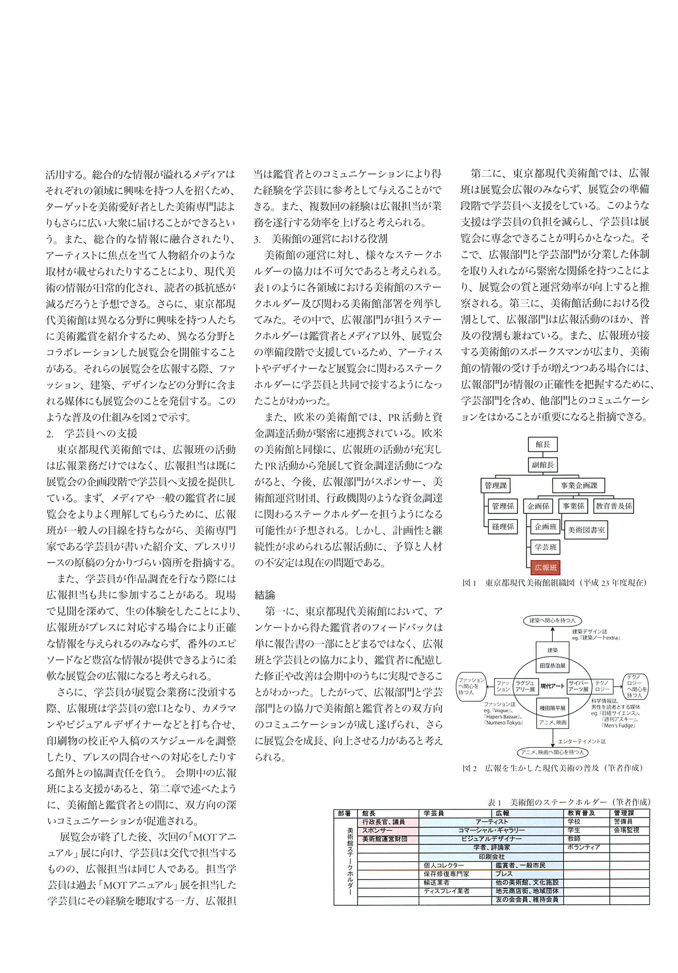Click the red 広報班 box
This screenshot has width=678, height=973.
coord(546,567)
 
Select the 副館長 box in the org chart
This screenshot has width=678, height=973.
coord(542,465)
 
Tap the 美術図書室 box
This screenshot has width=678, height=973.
coord(586,529)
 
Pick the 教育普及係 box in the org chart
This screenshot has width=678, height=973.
coord(613,506)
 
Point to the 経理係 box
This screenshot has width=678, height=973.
coord(503,526)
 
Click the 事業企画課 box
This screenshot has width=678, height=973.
coord(579,486)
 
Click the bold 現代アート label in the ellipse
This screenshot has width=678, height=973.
coord(552,686)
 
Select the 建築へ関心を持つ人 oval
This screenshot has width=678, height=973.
coord(552,621)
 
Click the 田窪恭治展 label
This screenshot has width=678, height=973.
coord(552,666)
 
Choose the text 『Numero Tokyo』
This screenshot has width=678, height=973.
coord(503,723)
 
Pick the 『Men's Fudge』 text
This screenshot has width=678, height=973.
coord(619,725)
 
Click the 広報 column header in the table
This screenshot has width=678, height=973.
coord(502,812)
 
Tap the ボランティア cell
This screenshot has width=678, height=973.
coord(584,847)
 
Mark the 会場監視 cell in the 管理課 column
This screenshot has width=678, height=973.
coord(626,830)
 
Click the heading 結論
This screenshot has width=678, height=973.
coord(265,595)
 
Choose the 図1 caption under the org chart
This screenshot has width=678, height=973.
coord(554,583)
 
